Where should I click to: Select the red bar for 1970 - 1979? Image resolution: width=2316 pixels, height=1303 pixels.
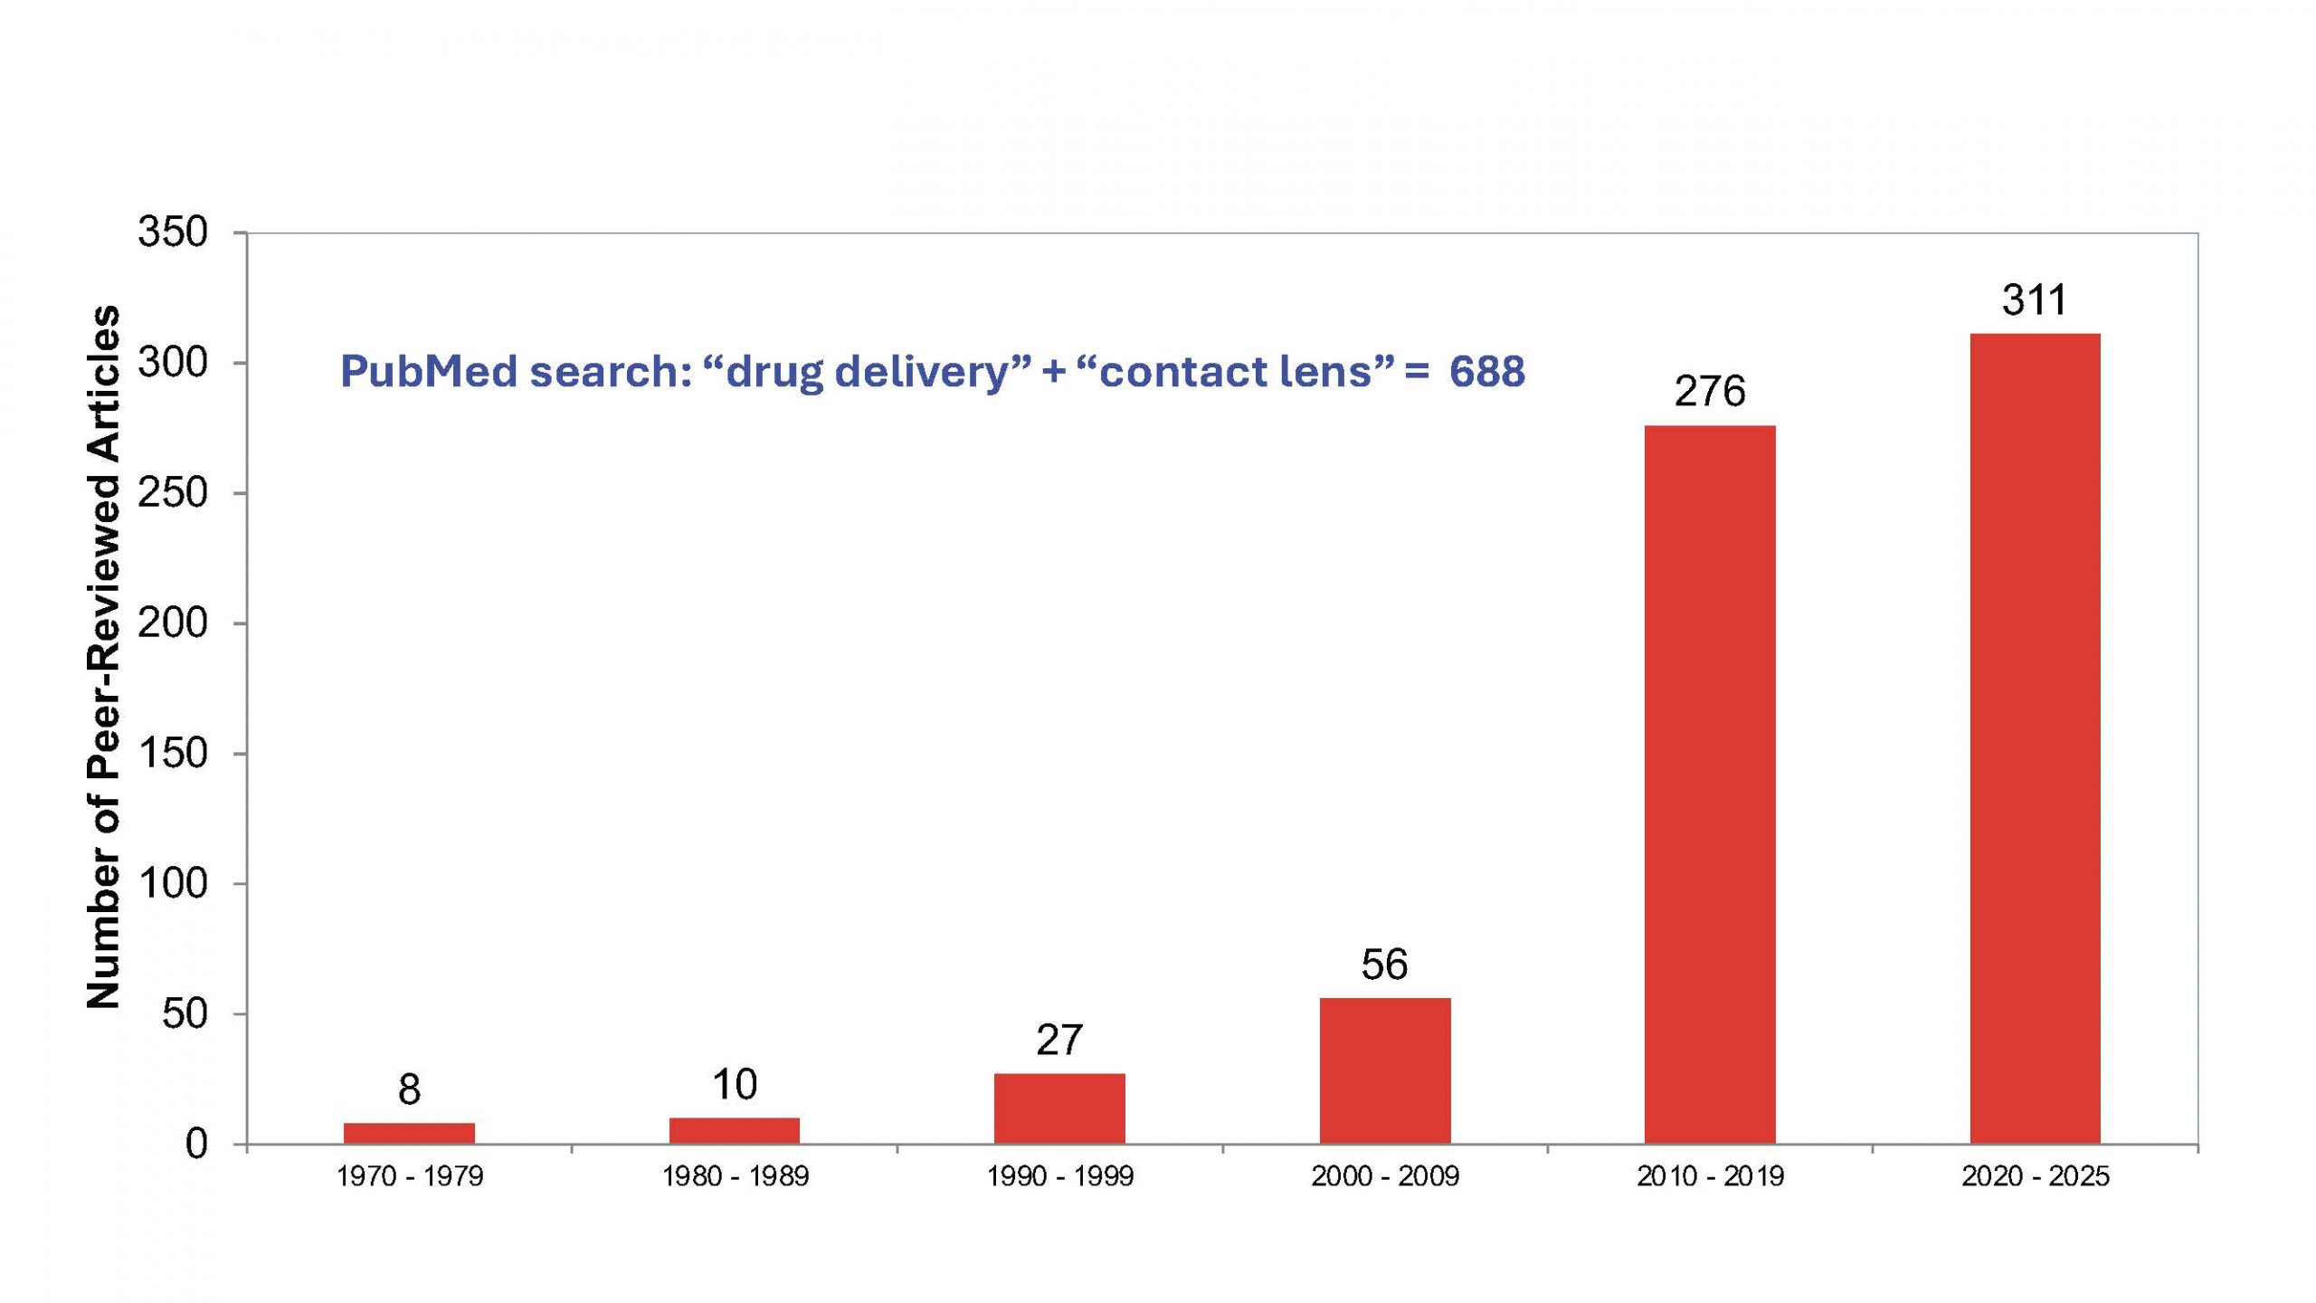click(409, 1133)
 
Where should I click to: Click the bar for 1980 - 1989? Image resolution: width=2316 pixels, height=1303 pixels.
click(735, 1130)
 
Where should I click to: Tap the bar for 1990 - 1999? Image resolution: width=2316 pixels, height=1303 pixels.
click(1059, 1108)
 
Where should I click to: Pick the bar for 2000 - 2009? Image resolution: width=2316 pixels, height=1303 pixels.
click(1385, 1070)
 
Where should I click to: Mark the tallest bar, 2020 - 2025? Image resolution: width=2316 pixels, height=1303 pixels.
click(2036, 738)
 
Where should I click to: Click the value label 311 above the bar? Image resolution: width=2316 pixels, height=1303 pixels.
click(2035, 300)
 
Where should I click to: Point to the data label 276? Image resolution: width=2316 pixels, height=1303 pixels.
click(1710, 392)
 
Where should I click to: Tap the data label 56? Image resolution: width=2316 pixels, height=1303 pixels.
click(1384, 965)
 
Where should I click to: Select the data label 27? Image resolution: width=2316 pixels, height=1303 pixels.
click(1059, 1041)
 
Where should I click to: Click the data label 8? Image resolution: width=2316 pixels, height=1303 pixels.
click(409, 1090)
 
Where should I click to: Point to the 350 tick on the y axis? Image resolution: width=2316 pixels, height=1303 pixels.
click(173, 233)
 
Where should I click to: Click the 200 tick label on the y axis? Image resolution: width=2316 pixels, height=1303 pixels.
click(173, 623)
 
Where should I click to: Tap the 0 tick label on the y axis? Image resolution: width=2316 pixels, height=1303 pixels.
click(196, 1145)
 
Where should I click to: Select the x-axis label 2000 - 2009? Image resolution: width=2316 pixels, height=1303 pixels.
click(1385, 1176)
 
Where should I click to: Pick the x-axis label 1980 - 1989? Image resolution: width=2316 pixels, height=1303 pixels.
click(735, 1176)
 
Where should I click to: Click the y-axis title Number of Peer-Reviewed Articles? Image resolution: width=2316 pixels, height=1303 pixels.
click(103, 656)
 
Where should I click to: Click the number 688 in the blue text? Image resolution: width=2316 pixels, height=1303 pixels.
click(1486, 372)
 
